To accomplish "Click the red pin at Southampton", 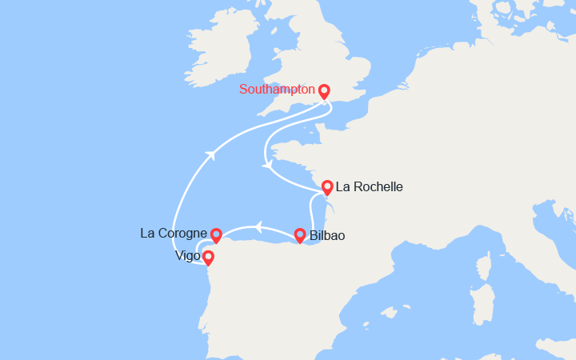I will [x=324, y=91].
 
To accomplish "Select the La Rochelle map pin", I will [x=327, y=187].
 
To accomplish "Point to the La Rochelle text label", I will [x=370, y=187].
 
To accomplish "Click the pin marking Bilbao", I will [x=300, y=234].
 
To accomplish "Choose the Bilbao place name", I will [x=327, y=235].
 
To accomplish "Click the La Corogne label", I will [x=174, y=234].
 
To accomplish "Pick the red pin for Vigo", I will [x=208, y=257].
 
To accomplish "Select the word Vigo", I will [x=187, y=257].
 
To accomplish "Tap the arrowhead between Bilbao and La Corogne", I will [x=258, y=226].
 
